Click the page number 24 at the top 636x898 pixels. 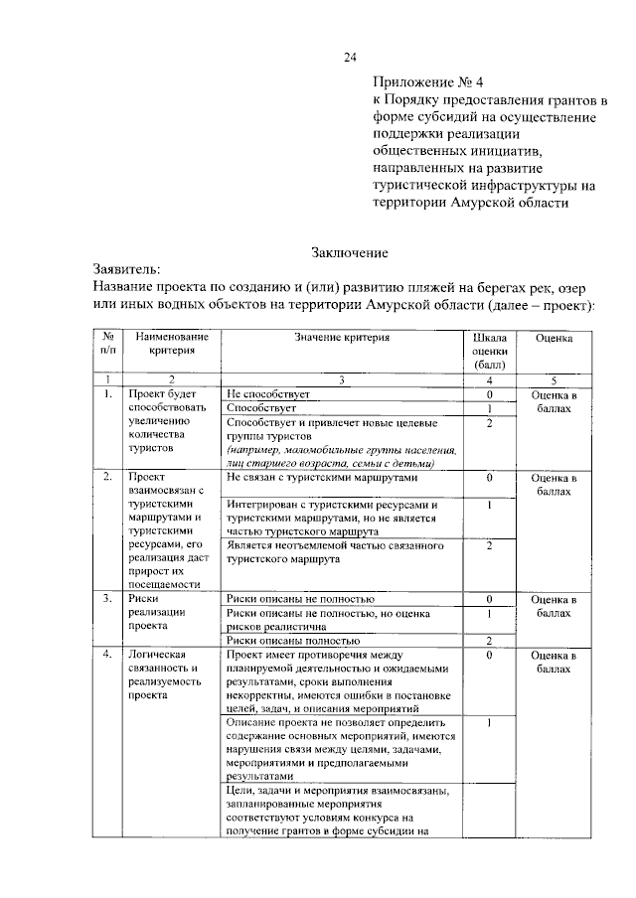click(350, 56)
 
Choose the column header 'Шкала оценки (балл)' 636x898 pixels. click(489, 351)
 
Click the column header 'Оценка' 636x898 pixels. click(554, 338)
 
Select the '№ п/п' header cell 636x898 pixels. click(105, 344)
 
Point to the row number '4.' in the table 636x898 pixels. click(105, 656)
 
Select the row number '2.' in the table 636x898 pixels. click(105, 478)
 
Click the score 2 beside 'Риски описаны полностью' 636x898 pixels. click(489, 641)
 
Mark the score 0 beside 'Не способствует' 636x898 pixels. click(489, 394)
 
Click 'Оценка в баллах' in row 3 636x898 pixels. click(554, 606)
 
